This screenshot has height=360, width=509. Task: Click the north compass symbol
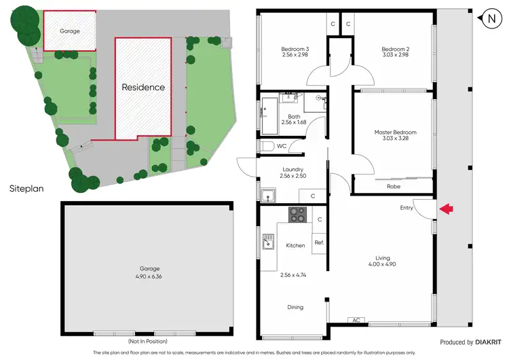[491, 19]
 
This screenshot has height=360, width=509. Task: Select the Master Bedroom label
[395, 132]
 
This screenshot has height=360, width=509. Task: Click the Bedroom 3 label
[295, 49]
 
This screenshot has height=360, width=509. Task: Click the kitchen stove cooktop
[298, 215]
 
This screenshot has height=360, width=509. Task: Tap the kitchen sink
[269, 240]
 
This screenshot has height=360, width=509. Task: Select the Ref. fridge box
[319, 242]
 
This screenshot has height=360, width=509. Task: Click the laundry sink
[269, 198]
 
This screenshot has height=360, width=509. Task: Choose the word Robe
[393, 186]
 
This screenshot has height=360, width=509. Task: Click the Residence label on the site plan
[143, 87]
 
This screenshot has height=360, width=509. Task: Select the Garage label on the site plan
[69, 31]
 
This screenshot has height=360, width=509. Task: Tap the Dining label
[295, 308]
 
